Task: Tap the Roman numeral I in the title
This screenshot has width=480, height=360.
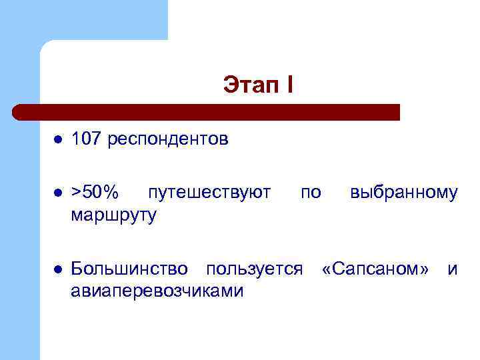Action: (289, 86)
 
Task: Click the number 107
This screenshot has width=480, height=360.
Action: (86, 139)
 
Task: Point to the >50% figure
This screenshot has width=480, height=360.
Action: (95, 193)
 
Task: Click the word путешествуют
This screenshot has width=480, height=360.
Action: (209, 193)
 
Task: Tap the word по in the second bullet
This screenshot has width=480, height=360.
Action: (311, 193)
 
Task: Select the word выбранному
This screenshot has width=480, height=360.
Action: (404, 193)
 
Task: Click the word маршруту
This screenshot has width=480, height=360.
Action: (114, 215)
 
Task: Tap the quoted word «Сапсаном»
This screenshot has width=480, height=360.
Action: (375, 269)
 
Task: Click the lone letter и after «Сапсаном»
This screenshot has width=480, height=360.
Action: (453, 269)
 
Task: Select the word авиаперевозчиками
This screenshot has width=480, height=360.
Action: (157, 291)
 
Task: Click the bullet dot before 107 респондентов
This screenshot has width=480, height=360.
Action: (58, 140)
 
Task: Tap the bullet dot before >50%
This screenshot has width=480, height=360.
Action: (58, 193)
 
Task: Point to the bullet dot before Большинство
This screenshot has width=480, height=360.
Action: (58, 270)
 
